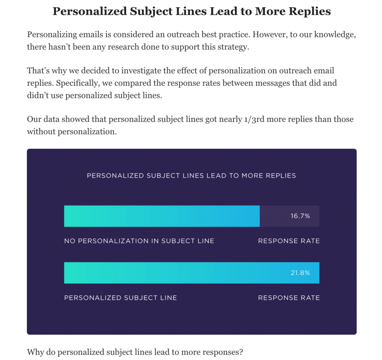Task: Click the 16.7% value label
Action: pos(300,216)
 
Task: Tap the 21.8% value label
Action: pos(300,273)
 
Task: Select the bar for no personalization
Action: pos(162,216)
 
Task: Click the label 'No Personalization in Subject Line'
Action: pos(139,241)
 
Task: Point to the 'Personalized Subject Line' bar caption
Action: pos(120,298)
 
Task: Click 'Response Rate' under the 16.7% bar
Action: pos(289,241)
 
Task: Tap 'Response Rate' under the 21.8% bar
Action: pos(289,298)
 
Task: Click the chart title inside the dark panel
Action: pos(191,176)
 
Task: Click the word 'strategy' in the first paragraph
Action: pos(234,47)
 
